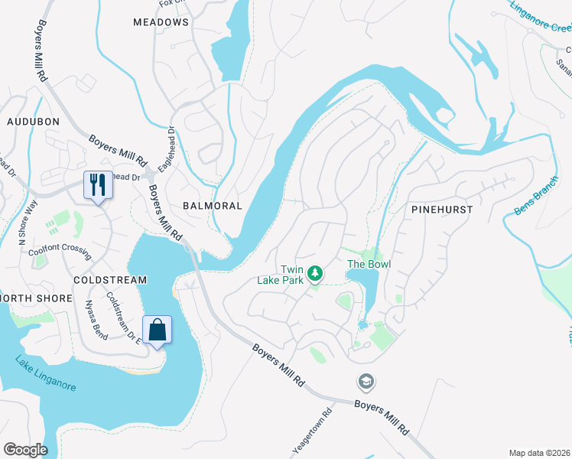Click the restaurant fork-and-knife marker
click(97, 184)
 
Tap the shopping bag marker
click(157, 330)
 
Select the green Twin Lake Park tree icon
click(314, 272)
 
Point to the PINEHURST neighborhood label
click(442, 209)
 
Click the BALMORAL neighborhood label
click(212, 206)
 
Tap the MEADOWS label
click(161, 22)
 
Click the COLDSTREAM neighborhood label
click(109, 280)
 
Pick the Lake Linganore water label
click(45, 374)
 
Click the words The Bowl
click(369, 265)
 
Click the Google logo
click(25, 450)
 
